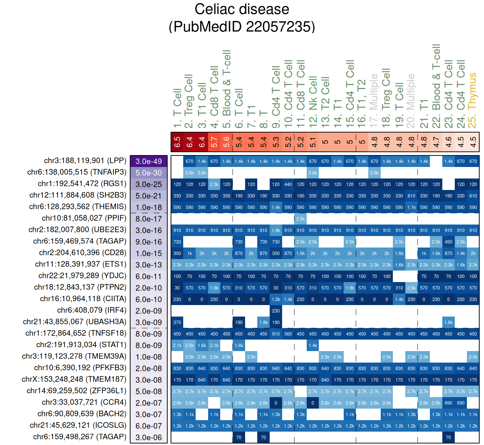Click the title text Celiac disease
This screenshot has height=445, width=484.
click(242, 9)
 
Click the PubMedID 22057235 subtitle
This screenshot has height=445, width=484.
click(242, 27)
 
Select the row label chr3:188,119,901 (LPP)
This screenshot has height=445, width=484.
click(85, 161)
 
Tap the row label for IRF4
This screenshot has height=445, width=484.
click(91, 310)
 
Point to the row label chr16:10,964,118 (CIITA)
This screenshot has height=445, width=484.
click(83, 299)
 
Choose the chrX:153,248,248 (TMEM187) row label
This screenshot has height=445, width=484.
click(74, 379)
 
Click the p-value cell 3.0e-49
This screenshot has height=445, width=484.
click(149, 161)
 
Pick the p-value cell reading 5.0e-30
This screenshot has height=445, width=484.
click(149, 173)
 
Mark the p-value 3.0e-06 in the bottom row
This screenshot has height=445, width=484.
click(149, 438)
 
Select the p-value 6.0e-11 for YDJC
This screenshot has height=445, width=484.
click(149, 276)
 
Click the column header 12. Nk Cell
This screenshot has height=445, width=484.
click(313, 102)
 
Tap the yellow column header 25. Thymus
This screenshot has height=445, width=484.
click(472, 100)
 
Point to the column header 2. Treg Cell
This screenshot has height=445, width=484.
click(189, 101)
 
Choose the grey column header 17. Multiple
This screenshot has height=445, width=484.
click(374, 101)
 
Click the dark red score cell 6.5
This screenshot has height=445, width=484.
click(177, 142)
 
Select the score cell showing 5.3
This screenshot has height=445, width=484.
click(276, 142)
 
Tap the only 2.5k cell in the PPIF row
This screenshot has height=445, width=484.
click(300, 219)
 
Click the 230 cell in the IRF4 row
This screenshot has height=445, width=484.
click(276, 311)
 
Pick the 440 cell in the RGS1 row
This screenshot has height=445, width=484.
click(288, 184)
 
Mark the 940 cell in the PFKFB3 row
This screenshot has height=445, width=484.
click(276, 369)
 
